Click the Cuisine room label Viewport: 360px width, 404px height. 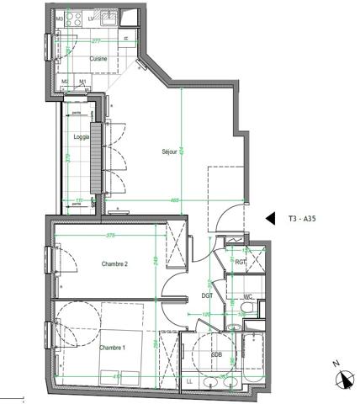[x=98, y=58]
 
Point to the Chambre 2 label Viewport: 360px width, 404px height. [x=114, y=264]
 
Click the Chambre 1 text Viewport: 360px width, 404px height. [x=112, y=348]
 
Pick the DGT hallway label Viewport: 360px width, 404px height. [x=207, y=295]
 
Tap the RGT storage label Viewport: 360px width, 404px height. [x=241, y=262]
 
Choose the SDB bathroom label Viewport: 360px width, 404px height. [x=217, y=355]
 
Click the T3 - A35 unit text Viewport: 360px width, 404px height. [x=304, y=216]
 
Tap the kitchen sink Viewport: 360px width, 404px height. [x=107, y=16]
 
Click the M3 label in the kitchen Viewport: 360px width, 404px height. [x=60, y=17]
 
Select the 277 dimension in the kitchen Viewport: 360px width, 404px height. [x=96, y=40]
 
